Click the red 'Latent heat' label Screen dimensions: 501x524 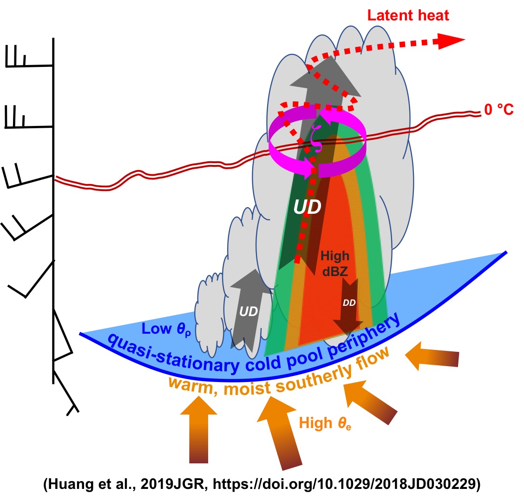click(408, 15)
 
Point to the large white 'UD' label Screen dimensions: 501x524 click(307, 207)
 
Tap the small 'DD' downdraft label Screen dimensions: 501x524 click(349, 303)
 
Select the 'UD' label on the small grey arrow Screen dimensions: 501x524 click(249, 312)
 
